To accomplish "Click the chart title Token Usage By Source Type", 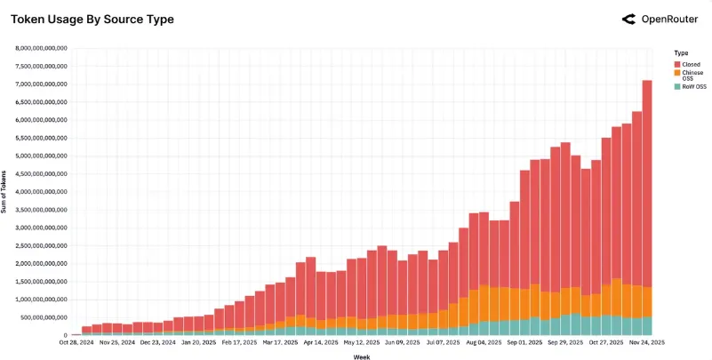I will tap(92, 19).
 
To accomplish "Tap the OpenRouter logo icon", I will tap(628, 19).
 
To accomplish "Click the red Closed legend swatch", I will tap(677, 64).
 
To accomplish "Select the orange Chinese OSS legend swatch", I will tap(677, 73).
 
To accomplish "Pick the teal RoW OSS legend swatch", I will tap(677, 86).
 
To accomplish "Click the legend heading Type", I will tap(681, 53).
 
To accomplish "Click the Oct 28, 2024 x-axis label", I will tap(76, 341).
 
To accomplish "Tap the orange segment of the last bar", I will tap(647, 301).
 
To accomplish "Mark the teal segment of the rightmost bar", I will tap(647, 326).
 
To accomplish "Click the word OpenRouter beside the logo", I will tap(669, 19).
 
